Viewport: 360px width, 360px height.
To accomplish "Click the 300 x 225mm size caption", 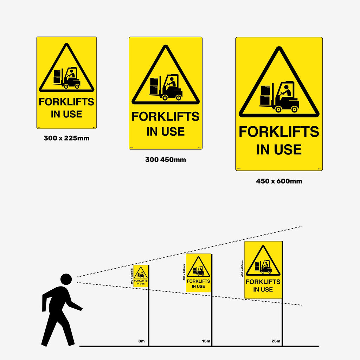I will (66, 138).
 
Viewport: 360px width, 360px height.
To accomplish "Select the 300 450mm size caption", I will (166, 160).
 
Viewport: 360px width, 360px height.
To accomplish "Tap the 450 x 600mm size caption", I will (279, 181).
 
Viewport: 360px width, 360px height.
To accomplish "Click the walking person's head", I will (66, 279).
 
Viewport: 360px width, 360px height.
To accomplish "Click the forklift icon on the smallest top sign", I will (67, 78).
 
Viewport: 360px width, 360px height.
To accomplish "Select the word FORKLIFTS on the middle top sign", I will (166, 117).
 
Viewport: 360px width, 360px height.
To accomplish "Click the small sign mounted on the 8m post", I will (141, 276).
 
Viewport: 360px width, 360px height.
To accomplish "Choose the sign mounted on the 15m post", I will (198, 273).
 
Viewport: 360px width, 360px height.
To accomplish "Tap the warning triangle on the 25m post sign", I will (263, 262).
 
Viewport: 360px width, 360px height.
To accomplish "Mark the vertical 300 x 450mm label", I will (184, 272).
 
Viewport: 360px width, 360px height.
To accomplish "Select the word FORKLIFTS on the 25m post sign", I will (263, 282).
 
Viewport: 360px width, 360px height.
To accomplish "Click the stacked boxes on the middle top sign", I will (154, 86).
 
